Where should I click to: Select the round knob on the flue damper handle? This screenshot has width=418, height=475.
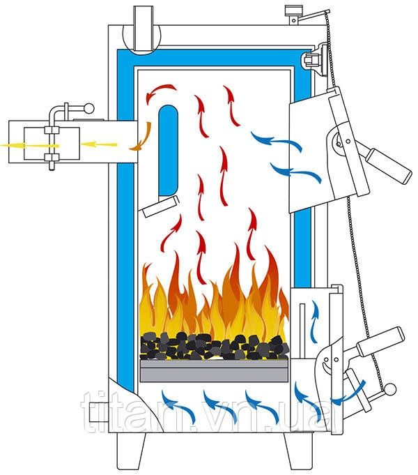[88, 108]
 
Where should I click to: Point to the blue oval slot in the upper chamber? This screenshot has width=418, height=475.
[168, 151]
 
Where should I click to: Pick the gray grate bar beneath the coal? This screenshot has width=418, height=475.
[214, 369]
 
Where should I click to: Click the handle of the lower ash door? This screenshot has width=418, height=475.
[380, 339]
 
